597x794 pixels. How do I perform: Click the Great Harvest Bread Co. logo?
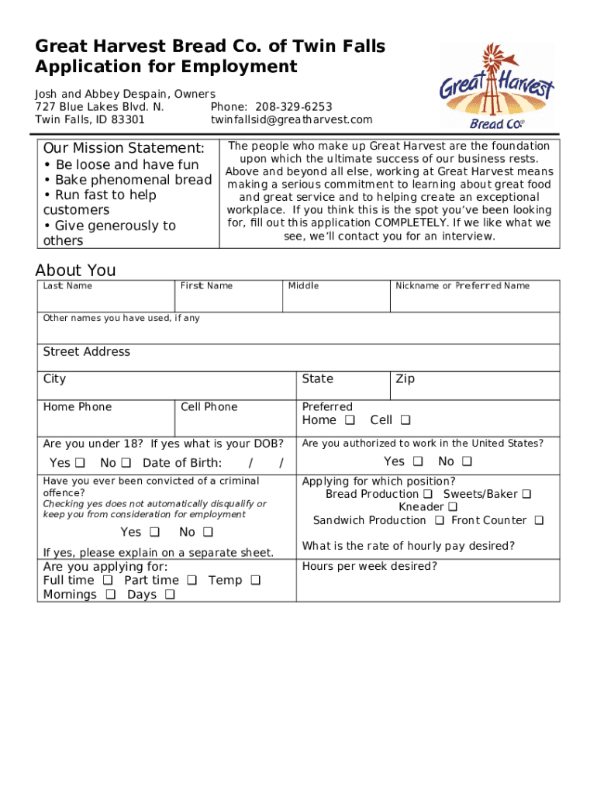496,85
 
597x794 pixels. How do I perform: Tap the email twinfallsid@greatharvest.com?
292,119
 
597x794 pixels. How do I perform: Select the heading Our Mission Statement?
124,148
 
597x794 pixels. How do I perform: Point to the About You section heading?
75,270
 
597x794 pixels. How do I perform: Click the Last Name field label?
67,286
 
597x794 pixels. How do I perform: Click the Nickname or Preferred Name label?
462,286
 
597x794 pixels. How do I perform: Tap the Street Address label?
87,352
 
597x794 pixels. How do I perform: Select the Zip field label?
405,379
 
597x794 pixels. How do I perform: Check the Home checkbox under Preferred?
350,420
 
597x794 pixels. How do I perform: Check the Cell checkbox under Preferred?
405,420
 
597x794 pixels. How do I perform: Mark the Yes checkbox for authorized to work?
417,462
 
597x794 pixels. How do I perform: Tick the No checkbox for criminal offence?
208,532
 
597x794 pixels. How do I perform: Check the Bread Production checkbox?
427,494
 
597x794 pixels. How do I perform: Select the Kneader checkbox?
452,507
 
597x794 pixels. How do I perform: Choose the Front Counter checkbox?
539,520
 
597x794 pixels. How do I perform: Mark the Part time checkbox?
191,581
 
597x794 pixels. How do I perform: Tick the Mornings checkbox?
110,595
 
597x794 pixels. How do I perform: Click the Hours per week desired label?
369,567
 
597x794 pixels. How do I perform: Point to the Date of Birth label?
182,463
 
